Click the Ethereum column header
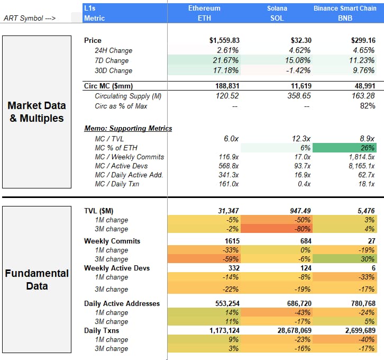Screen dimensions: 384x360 204,8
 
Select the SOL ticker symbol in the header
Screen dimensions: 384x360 277,18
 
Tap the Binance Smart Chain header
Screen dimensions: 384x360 345,8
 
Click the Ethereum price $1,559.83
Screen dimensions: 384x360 224,40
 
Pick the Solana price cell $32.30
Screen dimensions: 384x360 301,40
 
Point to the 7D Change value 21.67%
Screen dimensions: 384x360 225,60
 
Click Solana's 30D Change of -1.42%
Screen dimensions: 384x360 298,70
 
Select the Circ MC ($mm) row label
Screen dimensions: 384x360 108,86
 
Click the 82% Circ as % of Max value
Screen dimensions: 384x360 368,106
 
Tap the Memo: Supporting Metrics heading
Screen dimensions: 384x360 128,128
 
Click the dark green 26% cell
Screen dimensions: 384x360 344,148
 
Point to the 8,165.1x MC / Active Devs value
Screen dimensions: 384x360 362,166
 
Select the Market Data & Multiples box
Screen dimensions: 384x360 36,112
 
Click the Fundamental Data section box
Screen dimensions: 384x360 36,280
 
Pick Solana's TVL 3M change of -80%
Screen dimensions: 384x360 277,229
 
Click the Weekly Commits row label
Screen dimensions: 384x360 112,241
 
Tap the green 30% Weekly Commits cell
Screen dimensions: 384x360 344,259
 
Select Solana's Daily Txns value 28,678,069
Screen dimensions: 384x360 295,330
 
